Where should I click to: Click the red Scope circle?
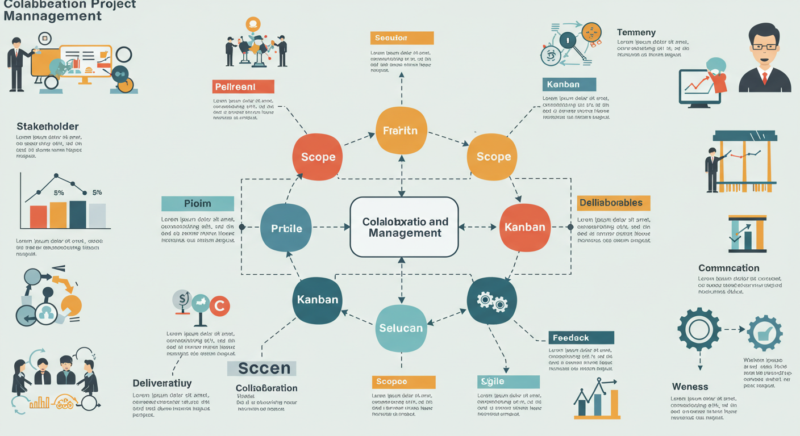(x=318, y=157)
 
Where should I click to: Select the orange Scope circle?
(x=492, y=157)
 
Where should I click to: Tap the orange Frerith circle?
(x=401, y=131)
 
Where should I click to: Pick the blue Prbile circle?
(x=286, y=228)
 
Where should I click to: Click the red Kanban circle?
(x=524, y=227)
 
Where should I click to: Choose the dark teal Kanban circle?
(x=317, y=300)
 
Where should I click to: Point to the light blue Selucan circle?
(x=401, y=328)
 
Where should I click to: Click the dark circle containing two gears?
(x=492, y=301)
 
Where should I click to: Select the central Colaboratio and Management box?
(x=404, y=227)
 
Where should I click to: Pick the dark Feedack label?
(x=581, y=338)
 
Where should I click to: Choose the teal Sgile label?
(x=508, y=381)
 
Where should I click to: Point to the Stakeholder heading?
(x=48, y=126)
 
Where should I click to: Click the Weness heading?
(x=690, y=387)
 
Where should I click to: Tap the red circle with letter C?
(x=219, y=307)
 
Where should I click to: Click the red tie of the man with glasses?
(x=765, y=78)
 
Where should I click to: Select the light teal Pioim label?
(x=198, y=203)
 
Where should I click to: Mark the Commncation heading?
(x=728, y=268)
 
